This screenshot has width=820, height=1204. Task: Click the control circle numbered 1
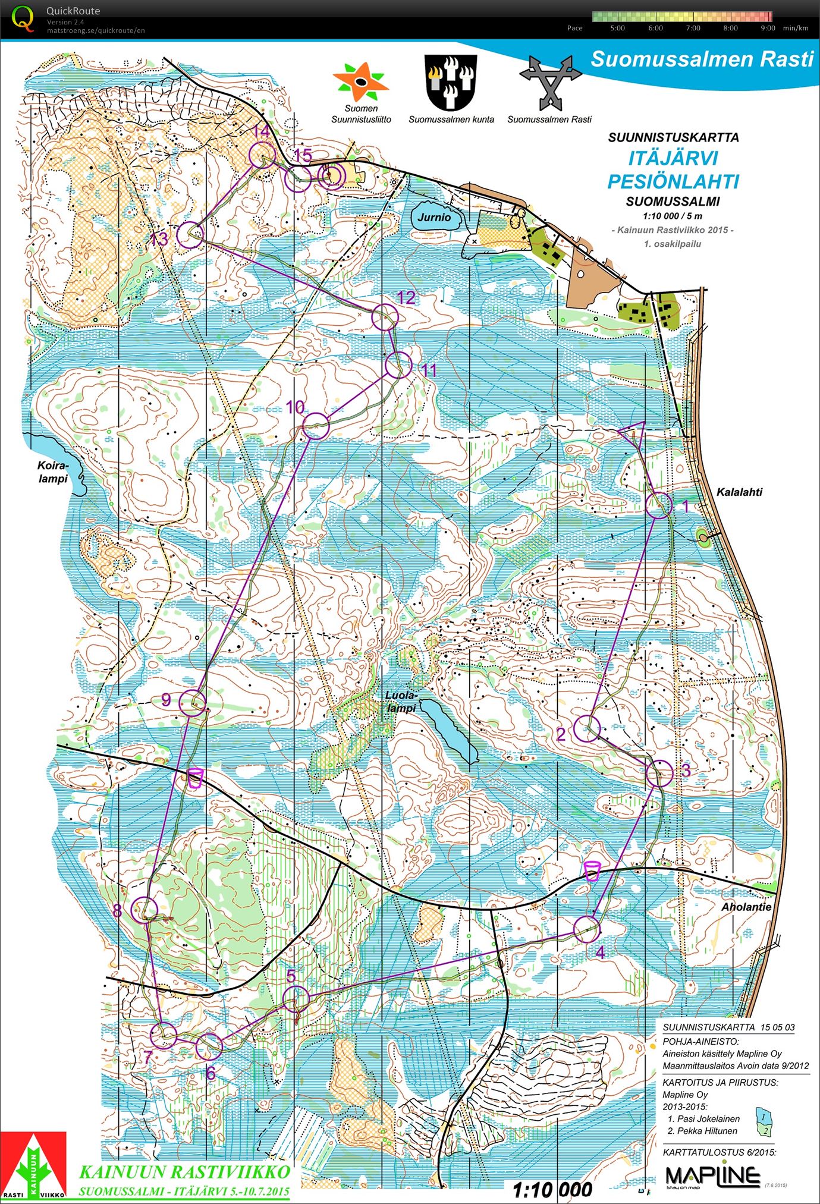point(659,505)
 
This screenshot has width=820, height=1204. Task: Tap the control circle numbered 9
point(192,703)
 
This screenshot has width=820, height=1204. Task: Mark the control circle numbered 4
point(587,929)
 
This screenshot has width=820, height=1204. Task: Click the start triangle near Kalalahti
point(633,431)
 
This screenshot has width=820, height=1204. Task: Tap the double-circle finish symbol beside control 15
point(332,176)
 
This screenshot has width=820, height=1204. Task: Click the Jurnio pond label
point(434,218)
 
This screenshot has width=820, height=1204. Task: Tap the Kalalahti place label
point(739,492)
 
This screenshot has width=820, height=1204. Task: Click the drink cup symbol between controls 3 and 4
point(592,870)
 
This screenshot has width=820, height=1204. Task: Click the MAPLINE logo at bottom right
point(712,1175)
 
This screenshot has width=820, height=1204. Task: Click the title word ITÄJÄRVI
point(673,158)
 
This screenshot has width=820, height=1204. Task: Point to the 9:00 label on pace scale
point(768,28)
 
